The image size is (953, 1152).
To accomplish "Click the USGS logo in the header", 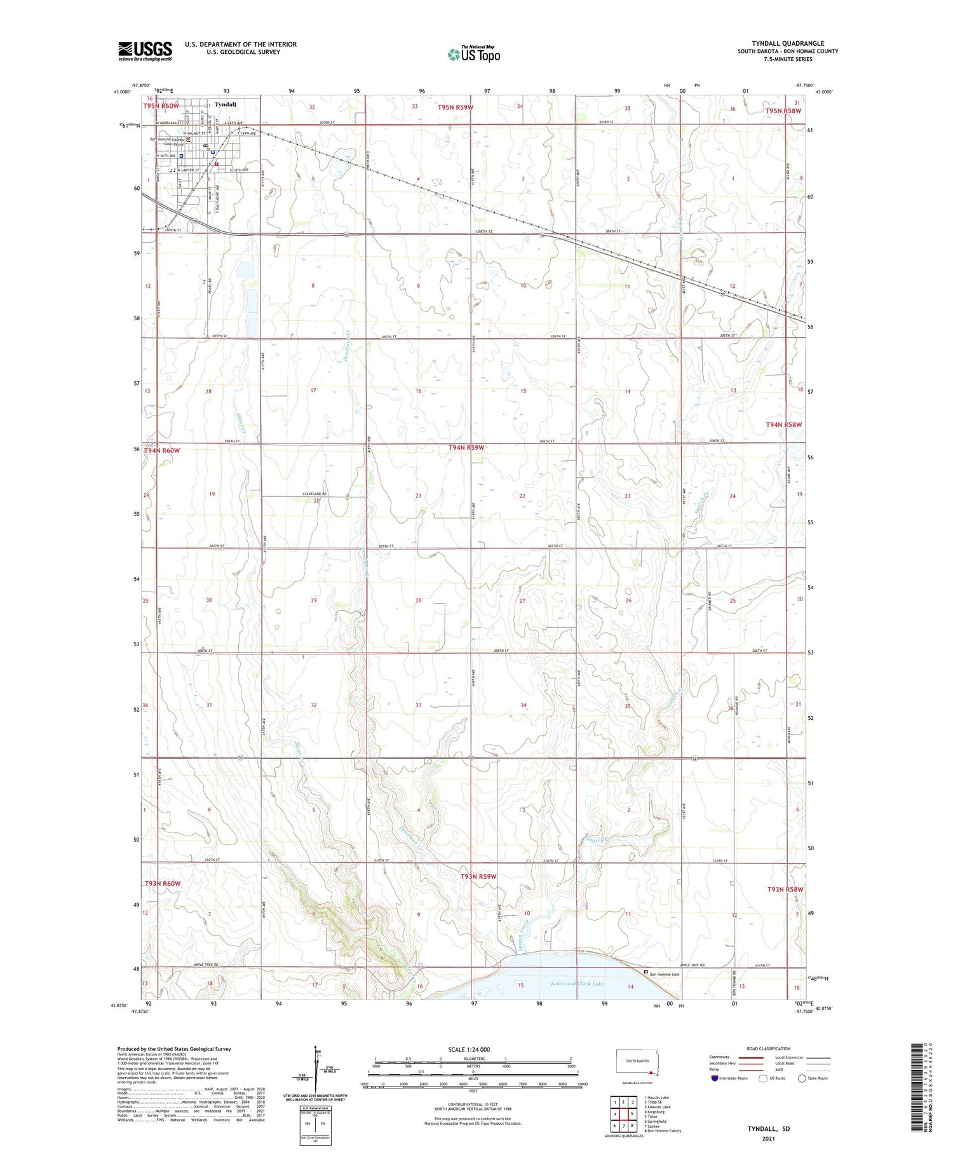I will tap(145, 51).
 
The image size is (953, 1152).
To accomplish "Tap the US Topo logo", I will tap(473, 54).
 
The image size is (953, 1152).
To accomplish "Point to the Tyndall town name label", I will tap(225, 104).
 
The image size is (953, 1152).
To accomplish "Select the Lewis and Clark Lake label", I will tap(570, 984).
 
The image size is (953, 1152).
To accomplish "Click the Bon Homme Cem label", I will tap(665, 973).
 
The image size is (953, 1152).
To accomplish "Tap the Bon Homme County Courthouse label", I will tap(167, 142).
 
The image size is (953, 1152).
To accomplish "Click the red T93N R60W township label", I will tap(162, 883).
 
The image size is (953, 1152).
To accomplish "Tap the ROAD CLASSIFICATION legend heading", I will tap(769, 1048).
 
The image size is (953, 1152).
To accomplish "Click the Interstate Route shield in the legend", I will tap(714, 1078).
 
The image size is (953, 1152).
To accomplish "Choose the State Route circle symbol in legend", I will tap(802, 1078).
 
